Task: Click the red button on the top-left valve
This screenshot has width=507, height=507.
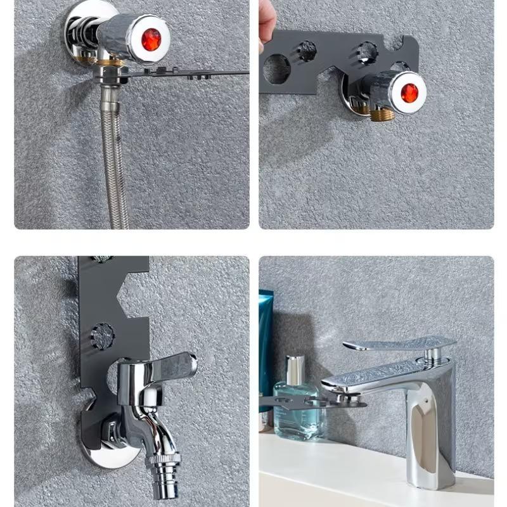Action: (x=151, y=39)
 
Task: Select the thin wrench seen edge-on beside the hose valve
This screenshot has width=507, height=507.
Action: (x=190, y=73)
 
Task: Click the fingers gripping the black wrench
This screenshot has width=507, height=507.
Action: (x=266, y=25)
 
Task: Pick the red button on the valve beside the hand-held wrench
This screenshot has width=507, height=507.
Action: (x=409, y=93)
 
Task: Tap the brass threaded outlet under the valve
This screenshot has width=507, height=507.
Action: (x=382, y=115)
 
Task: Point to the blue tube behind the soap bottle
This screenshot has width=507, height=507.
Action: (x=266, y=342)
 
